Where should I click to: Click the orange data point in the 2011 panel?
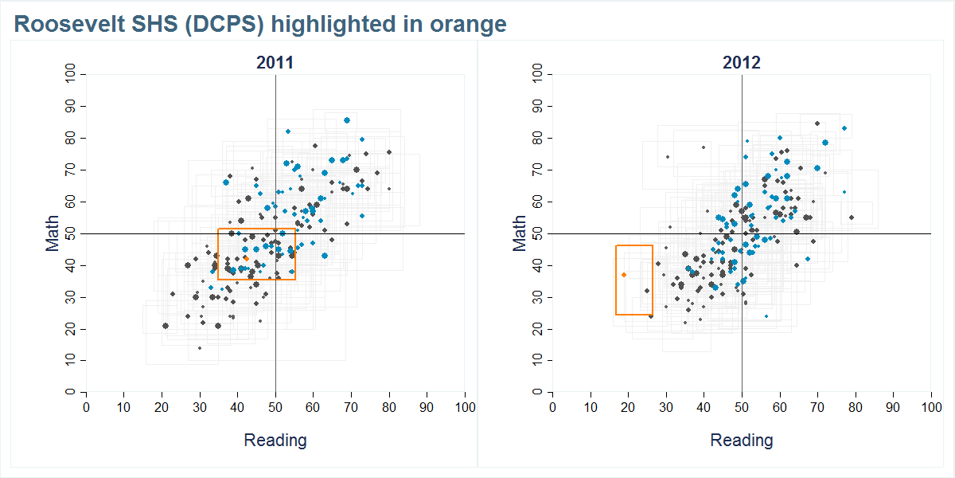click(246, 258)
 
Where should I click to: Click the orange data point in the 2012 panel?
click(624, 275)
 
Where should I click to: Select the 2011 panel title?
click(275, 63)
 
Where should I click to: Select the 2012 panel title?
click(742, 63)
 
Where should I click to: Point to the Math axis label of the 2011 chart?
click(53, 233)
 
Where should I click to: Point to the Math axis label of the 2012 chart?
click(520, 233)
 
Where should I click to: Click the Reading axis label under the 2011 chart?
click(275, 440)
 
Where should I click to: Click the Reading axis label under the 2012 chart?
click(742, 440)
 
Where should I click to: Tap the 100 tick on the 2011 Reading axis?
click(465, 408)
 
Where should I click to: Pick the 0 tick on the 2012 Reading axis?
click(552, 408)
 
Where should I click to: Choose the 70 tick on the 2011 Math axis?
click(71, 170)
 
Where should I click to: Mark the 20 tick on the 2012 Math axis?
click(537, 329)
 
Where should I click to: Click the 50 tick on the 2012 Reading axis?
click(742, 408)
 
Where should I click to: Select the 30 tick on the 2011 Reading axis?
click(200, 408)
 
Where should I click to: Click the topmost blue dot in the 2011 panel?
click(347, 120)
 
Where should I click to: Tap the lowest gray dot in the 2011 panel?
click(200, 348)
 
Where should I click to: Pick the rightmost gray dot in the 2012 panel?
click(851, 217)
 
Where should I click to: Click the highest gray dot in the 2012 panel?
click(817, 123)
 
